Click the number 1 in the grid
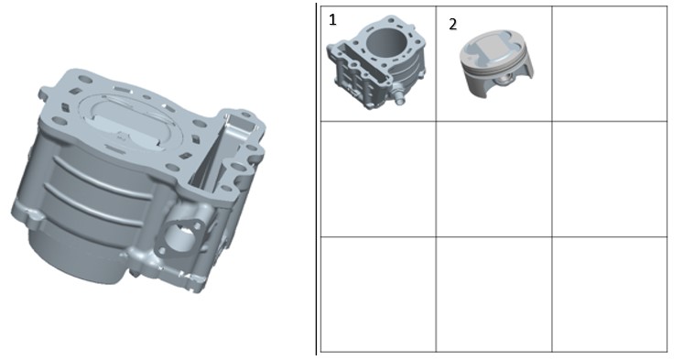[x=333, y=20]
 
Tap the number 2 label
[x=452, y=25]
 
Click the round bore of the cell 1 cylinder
[x=386, y=42]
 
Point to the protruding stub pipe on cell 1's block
[x=399, y=98]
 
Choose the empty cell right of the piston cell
[x=610, y=64]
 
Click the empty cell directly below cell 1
[x=378, y=179]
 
